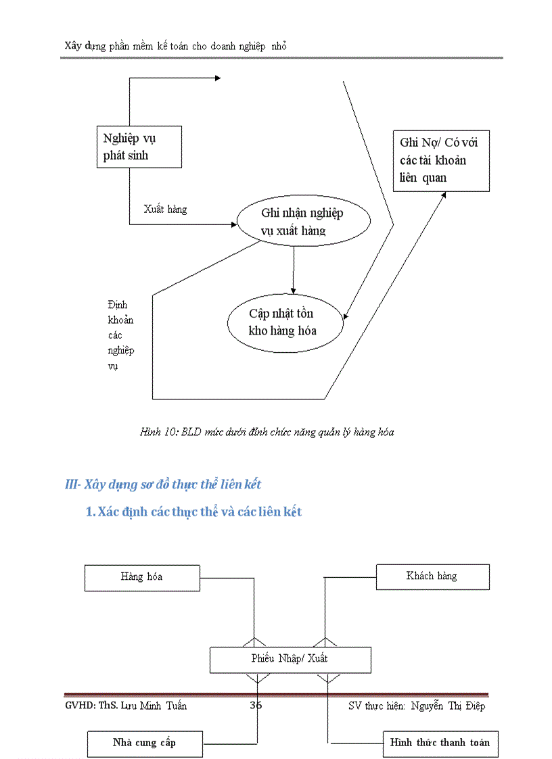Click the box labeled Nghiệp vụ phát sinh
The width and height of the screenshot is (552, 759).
(138, 147)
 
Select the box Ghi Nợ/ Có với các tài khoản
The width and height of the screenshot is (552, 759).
(440, 160)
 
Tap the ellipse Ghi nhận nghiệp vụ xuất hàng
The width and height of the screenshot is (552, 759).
(303, 222)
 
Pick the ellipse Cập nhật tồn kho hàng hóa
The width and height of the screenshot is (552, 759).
(285, 322)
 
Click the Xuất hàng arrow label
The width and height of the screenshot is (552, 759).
(165, 210)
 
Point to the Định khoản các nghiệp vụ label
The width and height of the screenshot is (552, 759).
(120, 335)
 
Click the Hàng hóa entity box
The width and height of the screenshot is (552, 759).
(142, 577)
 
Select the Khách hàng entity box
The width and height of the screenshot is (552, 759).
(432, 576)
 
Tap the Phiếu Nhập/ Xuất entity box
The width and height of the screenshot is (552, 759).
(290, 659)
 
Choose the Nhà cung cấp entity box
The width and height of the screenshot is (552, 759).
(145, 743)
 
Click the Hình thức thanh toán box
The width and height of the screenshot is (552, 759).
(440, 743)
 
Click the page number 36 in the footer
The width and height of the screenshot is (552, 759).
(256, 706)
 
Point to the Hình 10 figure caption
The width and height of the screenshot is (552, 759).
(267, 432)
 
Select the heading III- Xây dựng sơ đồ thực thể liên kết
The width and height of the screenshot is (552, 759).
(162, 484)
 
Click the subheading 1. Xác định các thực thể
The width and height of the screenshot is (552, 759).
(193, 512)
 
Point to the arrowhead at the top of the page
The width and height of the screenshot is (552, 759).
(217, 78)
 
